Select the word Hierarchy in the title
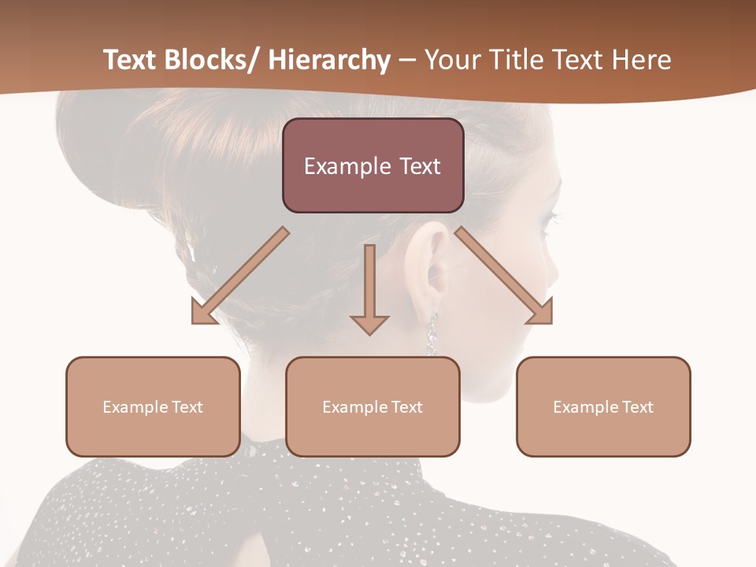coord(329,61)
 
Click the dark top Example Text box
coord(372,166)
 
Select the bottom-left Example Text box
coord(153,406)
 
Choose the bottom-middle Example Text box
coord(372,406)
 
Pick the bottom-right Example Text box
coord(603,406)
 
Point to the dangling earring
coord(432,334)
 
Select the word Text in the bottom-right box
coord(637,407)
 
